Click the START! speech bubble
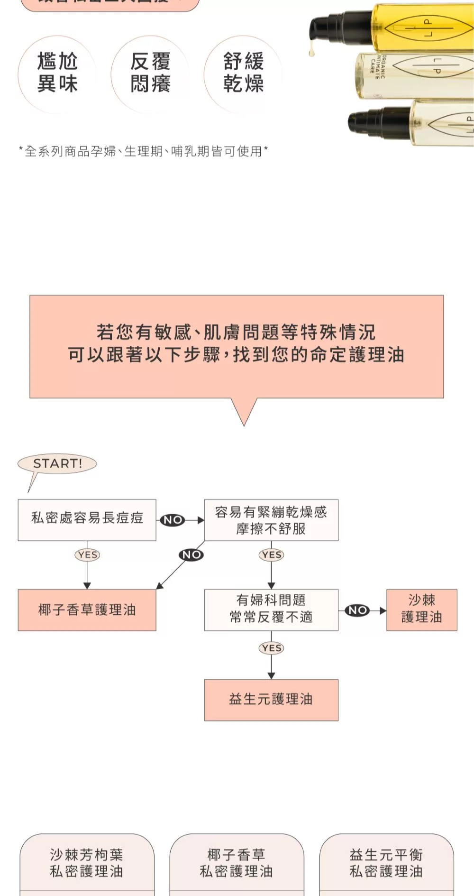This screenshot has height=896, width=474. click(x=57, y=463)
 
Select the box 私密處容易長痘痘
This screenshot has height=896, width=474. click(x=87, y=519)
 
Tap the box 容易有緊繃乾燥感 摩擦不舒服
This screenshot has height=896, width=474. click(x=271, y=519)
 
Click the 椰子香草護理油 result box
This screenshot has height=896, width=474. click(x=87, y=610)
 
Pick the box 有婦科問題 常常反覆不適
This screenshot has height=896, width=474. click(x=271, y=610)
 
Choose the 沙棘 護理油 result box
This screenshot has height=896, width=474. click(x=421, y=610)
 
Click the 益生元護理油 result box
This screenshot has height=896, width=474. click(x=271, y=700)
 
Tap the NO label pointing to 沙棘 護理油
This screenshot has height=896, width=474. click(x=357, y=610)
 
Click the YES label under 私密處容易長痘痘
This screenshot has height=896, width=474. click(x=88, y=554)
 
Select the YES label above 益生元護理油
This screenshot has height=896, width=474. click(x=272, y=648)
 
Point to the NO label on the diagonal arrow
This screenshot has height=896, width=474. click(x=191, y=554)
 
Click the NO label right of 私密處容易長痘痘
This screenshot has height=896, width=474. click(x=173, y=520)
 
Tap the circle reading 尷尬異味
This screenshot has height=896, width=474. click(x=57, y=74)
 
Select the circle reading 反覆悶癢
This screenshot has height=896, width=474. click(x=150, y=74)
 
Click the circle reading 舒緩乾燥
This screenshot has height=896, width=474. click(x=243, y=74)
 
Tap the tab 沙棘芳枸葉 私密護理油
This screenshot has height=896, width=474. click(x=87, y=863)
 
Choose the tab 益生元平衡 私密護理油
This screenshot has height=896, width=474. click(x=386, y=863)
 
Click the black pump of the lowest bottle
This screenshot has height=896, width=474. click(x=374, y=121)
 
